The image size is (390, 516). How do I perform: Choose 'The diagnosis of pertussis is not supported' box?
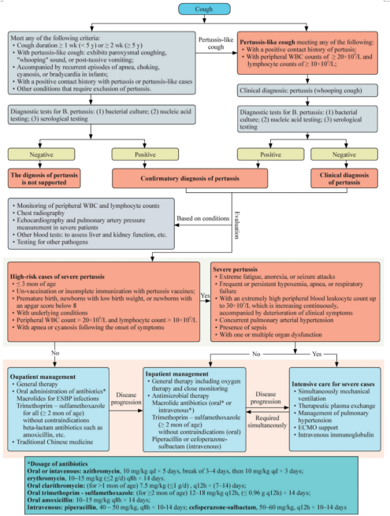[46, 175]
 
